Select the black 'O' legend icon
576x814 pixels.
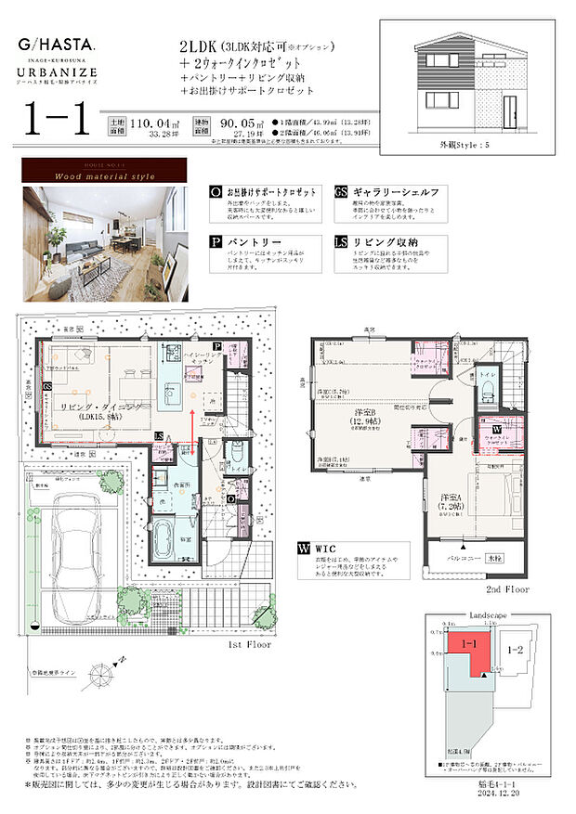[216, 192]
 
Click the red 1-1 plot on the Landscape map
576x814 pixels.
[464, 651]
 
